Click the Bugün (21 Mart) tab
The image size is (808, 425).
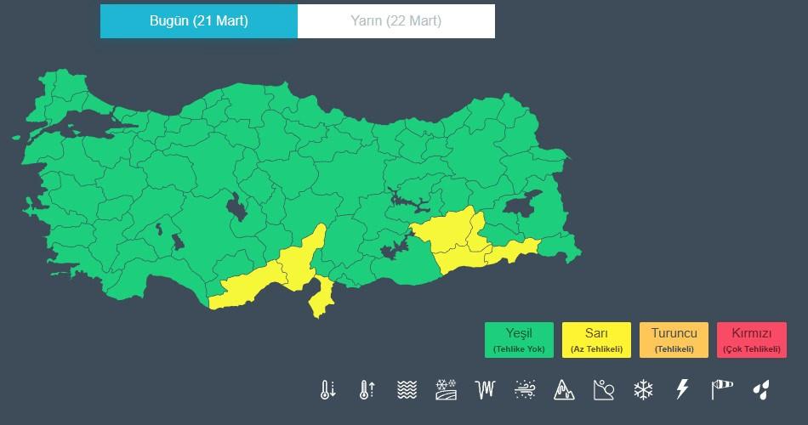[199, 21]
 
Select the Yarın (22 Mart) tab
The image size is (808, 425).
[396, 21]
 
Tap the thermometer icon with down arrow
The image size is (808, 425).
[328, 390]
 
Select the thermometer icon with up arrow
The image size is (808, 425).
[367, 390]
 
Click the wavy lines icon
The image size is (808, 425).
[407, 390]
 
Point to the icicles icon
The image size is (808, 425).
[486, 390]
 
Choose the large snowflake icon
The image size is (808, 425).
[643, 390]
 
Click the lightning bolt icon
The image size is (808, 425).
[681, 390]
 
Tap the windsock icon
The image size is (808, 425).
[721, 390]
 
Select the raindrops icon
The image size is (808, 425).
[761, 390]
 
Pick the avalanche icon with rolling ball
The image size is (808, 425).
[603, 390]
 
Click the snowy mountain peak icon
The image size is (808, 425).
[564, 390]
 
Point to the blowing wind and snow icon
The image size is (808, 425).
[525, 390]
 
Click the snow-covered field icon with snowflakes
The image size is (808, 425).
[447, 390]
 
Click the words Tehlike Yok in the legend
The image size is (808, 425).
[519, 349]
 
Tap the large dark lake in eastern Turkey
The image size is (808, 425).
[531, 201]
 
